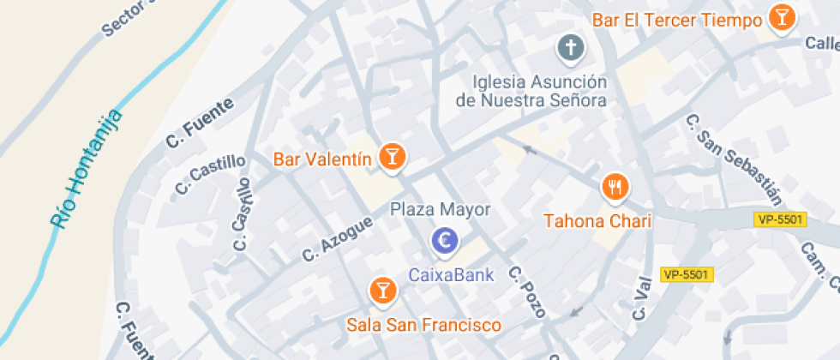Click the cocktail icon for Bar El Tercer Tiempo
[x=781, y=18]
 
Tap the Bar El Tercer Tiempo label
[x=677, y=20]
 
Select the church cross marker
[x=570, y=49]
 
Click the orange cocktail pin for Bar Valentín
[x=393, y=157]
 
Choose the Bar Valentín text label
[x=322, y=159]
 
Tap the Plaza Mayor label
[x=441, y=209]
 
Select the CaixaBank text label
[x=451, y=275]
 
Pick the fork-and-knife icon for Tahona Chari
[x=614, y=186]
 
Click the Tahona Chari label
[x=598, y=221]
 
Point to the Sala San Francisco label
[x=423, y=325]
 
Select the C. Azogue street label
[x=338, y=238]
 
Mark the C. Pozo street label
[x=526, y=291]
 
